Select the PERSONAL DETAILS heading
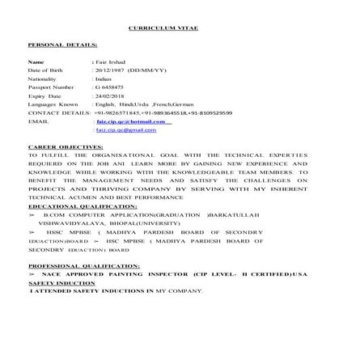pyautogui.click(x=62, y=44)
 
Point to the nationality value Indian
pyautogui.click(x=103, y=79)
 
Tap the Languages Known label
pyautogui.click(x=53, y=104)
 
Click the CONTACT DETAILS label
pyautogui.click(x=59, y=112)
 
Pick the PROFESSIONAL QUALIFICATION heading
pyautogui.click(x=83, y=265)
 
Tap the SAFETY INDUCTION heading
pyautogui.click(x=61, y=283)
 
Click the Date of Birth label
pyautogui.click(x=44, y=70)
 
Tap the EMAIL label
pyautogui.click(x=37, y=121)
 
